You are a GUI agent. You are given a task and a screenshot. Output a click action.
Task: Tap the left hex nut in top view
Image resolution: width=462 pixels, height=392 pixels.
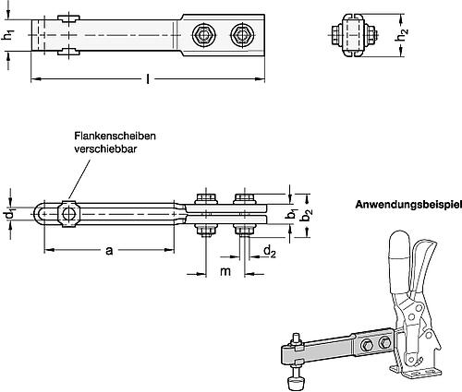point(202,36)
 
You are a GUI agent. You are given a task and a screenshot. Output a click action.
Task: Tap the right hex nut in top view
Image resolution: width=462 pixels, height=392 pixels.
point(243,36)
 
